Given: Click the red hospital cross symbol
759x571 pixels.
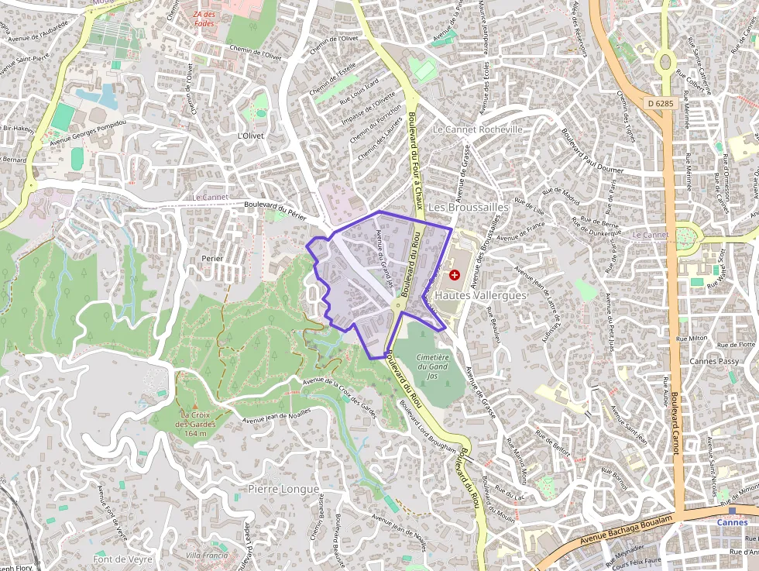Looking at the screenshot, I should pyautogui.click(x=454, y=274).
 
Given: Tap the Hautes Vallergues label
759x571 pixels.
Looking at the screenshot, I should pyautogui.click(x=480, y=295).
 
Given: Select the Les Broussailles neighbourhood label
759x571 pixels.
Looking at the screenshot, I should pyautogui.click(x=469, y=208).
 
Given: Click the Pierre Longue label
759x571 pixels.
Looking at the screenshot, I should pyautogui.click(x=283, y=489).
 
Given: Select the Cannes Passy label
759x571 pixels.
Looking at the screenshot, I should pyautogui.click(x=713, y=362).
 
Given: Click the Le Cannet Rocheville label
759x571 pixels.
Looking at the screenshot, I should pyautogui.click(x=478, y=129).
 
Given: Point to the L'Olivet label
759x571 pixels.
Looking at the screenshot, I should pyautogui.click(x=250, y=136).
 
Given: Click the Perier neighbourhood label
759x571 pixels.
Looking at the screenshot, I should pyautogui.click(x=211, y=258).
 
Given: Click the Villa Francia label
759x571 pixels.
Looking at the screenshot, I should pyautogui.click(x=207, y=556).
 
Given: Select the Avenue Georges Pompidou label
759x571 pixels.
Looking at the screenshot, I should pyautogui.click(x=88, y=133).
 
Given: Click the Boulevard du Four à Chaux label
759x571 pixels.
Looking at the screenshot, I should pyautogui.click(x=416, y=159).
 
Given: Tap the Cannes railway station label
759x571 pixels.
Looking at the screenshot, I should pyautogui.click(x=732, y=521).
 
